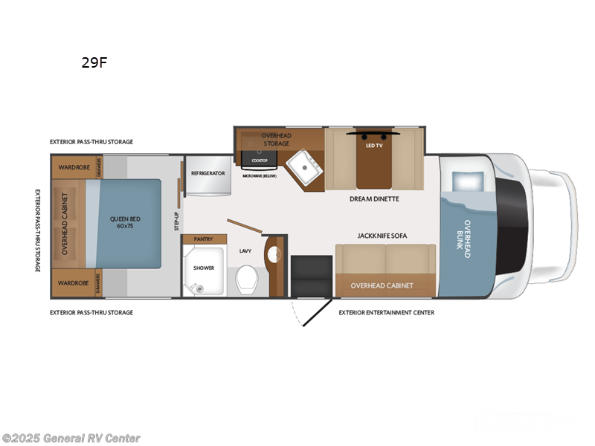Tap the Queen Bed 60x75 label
[125, 222]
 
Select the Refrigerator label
[208, 172]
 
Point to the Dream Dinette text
[374, 198]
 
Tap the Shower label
[203, 268]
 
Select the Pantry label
[203, 239]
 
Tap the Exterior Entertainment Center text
[386, 312]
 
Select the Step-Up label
[177, 220]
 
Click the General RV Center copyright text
[71, 438]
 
